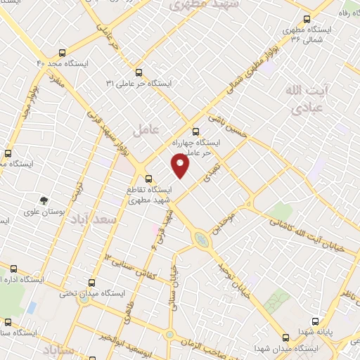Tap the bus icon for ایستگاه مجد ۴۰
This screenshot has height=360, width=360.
[x=62, y=53]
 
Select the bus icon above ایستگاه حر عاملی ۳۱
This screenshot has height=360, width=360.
[x=138, y=72]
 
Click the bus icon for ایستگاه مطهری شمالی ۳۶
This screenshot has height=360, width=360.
[x=306, y=20]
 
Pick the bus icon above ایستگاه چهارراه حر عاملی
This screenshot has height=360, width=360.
[x=195, y=130]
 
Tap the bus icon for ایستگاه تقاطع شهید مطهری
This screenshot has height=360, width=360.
[x=148, y=179]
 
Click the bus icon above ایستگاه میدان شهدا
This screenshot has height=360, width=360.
[x=285, y=337]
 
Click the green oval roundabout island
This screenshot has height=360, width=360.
[x=202, y=240]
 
